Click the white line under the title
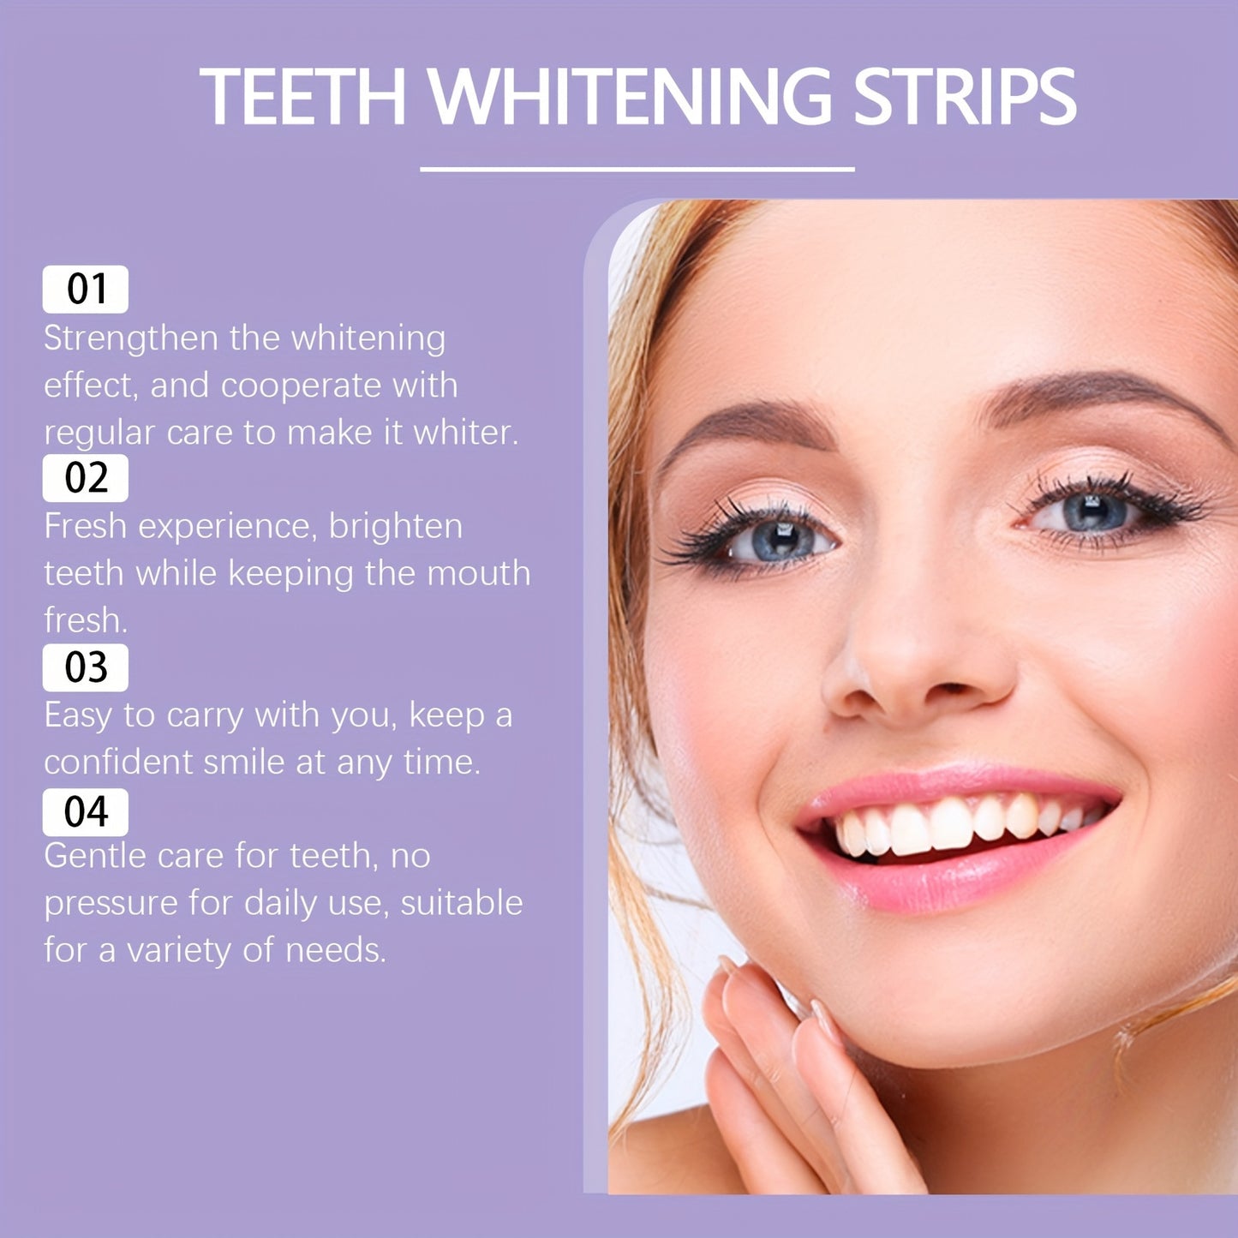click(x=637, y=170)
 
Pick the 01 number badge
click(x=86, y=290)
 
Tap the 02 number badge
click(x=86, y=478)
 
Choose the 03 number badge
click(x=86, y=667)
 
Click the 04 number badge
click(x=86, y=812)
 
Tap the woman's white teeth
click(x=951, y=824)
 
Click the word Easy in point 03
click(x=78, y=715)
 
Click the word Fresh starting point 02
click(x=85, y=527)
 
